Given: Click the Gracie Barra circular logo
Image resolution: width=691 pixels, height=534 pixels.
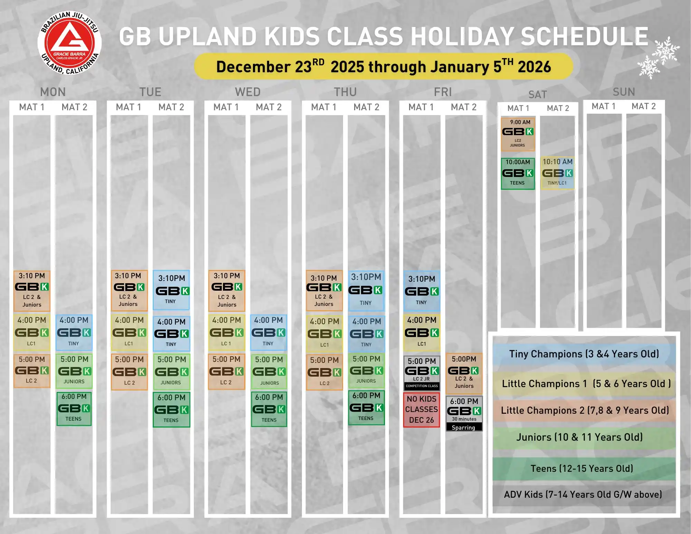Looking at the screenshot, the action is (x=70, y=43).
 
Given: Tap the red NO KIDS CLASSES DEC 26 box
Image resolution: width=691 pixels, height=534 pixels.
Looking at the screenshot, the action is (x=422, y=410).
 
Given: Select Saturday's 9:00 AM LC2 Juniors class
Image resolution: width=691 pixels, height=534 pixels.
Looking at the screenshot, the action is (x=518, y=134).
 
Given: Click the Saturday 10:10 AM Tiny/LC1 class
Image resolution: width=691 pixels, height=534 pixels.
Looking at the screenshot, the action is (x=557, y=172).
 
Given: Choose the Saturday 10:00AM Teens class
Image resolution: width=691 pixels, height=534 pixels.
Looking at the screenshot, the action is (x=518, y=174).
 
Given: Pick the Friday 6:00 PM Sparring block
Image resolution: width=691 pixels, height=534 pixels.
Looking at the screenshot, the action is (x=464, y=414).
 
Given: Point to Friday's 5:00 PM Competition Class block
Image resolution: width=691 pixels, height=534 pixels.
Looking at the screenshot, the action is (x=422, y=373).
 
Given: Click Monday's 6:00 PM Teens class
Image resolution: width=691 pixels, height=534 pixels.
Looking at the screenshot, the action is (x=74, y=408).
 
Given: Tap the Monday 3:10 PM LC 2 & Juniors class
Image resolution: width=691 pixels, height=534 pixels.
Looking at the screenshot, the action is (x=32, y=291).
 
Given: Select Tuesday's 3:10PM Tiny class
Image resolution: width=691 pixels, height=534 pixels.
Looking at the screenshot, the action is (x=171, y=290).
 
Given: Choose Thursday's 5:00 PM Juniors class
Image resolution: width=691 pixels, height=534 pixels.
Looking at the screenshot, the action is (x=366, y=370).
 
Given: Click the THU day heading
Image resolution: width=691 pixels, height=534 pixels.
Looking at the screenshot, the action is (x=345, y=92).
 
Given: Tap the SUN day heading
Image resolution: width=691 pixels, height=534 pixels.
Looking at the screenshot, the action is (x=624, y=92).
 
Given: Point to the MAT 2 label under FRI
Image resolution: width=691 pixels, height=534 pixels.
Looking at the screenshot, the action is (x=464, y=107).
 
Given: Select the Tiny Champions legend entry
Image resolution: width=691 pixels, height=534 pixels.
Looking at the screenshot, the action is (x=584, y=354).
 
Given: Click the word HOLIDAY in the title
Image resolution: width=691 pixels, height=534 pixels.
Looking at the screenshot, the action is (x=462, y=36).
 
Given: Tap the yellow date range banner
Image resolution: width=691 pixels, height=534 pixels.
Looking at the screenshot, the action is (x=384, y=66).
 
